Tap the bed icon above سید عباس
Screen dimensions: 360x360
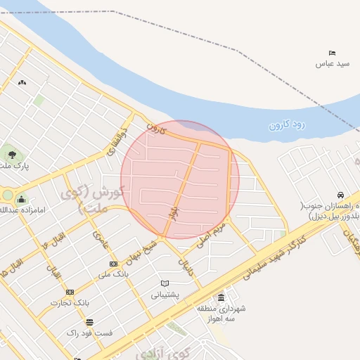coord(333,53)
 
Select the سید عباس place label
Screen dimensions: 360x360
coord(333,64)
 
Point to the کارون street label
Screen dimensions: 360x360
coord(156,129)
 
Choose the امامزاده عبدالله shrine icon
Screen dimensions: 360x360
coord(21,199)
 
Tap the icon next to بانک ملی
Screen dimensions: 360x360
coord(113,264)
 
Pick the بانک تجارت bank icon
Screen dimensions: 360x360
coord(70,292)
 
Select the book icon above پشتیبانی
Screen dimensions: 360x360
coord(165,283)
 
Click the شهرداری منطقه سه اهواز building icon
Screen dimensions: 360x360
coord(221,297)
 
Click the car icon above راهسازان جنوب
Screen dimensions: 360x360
coord(340,195)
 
